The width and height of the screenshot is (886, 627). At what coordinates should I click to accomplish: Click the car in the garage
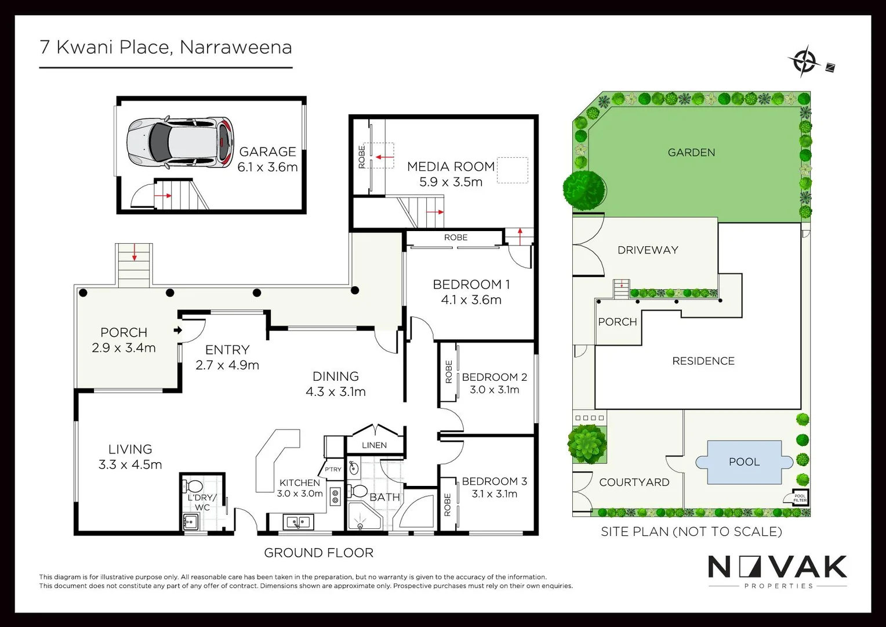click(x=180, y=143)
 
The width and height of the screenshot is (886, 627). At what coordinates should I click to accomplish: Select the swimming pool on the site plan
click(x=744, y=462)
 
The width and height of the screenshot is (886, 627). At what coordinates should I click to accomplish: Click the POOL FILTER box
click(x=800, y=498)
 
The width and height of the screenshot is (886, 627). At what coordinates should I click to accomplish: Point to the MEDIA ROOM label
click(x=451, y=167)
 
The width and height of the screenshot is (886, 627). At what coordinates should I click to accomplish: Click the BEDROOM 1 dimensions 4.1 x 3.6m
click(x=471, y=300)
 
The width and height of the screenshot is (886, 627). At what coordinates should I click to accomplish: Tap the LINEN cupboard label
click(x=374, y=445)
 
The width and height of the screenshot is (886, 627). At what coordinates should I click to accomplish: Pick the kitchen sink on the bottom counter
click(x=299, y=522)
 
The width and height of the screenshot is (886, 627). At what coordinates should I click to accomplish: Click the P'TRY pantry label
click(x=333, y=469)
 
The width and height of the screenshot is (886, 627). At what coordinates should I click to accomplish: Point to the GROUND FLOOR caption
click(x=318, y=553)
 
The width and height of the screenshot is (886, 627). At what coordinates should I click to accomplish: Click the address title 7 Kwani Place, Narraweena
click(x=165, y=47)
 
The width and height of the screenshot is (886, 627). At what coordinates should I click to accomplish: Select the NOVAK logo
click(x=777, y=567)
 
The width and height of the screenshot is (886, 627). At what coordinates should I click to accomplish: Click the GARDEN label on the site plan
click(x=691, y=153)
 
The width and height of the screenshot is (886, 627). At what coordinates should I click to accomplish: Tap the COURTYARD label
click(x=634, y=482)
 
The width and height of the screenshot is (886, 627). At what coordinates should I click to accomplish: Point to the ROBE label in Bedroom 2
click(x=448, y=372)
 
